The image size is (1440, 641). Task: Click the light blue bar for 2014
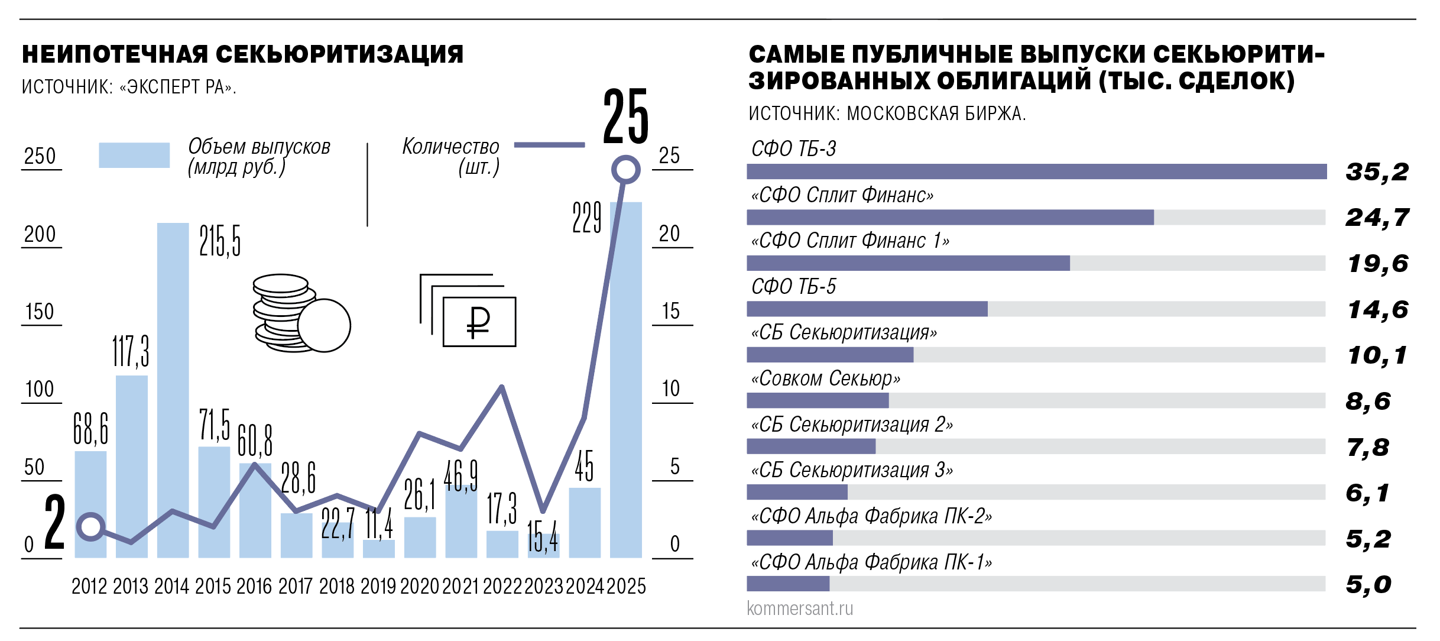[x=173, y=390]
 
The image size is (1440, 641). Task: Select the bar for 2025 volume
[x=625, y=378]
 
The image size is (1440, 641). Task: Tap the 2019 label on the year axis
[x=378, y=586]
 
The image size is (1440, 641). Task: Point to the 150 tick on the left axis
[x=40, y=312]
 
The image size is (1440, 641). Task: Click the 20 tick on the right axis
[x=670, y=234]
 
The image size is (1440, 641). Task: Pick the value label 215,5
[x=220, y=241]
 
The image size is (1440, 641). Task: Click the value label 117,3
[x=131, y=351]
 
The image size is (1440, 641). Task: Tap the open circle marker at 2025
[x=625, y=170]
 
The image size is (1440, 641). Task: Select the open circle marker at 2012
[x=91, y=526]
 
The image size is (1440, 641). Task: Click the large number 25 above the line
[x=625, y=116]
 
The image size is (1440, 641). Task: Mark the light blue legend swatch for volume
[x=134, y=155]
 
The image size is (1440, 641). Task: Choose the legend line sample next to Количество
[x=549, y=145]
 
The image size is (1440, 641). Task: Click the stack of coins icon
[x=296, y=313]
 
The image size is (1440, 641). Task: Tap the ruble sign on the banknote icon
[x=478, y=322]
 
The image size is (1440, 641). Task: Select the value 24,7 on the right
[x=1377, y=218]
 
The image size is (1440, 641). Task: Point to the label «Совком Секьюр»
[x=825, y=378]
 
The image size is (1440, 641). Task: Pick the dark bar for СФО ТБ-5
[x=867, y=309]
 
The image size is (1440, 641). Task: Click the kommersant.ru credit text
[x=800, y=608]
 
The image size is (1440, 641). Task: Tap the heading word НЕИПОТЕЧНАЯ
[x=115, y=54]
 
